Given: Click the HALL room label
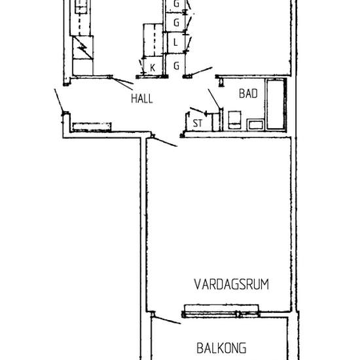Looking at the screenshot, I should pos(141,99).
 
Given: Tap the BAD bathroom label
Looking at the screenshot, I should pos(247,94).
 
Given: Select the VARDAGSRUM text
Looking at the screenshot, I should pos(232,284).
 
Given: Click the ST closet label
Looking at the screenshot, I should pos(196,122).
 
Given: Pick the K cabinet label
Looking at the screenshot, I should pos(152,67).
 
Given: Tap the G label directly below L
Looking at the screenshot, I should pos(176,66).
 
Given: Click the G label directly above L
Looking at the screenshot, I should pos(176,23).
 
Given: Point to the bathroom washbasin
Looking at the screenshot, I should pos(255,123).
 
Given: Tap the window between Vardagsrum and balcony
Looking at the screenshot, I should pos(223,310).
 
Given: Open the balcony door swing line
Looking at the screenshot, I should pos(167,319).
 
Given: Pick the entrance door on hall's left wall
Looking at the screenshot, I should pos(60,101).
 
